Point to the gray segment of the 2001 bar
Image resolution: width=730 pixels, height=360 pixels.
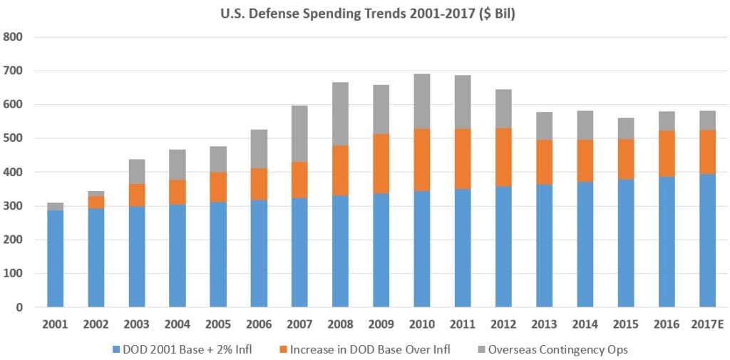pos(55,207)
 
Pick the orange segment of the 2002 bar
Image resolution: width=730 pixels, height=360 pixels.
pos(96,202)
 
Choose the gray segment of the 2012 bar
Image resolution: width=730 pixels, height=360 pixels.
pos(503,109)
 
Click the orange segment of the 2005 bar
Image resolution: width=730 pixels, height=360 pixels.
pos(218,187)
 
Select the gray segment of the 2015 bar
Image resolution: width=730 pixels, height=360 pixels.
pos(624,128)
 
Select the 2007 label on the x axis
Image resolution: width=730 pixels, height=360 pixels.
pos(299,325)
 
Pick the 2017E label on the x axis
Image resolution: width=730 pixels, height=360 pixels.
pos(706,325)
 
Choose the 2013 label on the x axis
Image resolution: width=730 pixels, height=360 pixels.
pos(543,325)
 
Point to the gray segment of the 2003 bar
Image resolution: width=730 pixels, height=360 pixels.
pos(136,172)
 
